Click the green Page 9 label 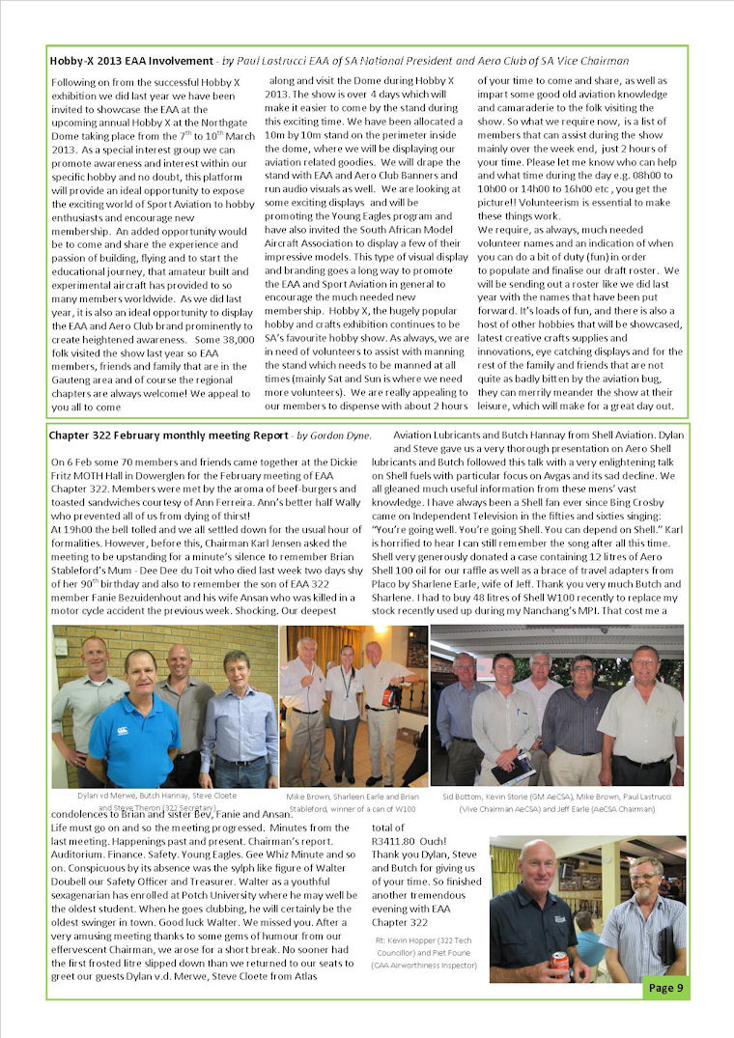click(665, 988)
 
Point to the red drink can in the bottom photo click(559, 960)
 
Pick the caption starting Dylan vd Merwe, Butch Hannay click(164, 799)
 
